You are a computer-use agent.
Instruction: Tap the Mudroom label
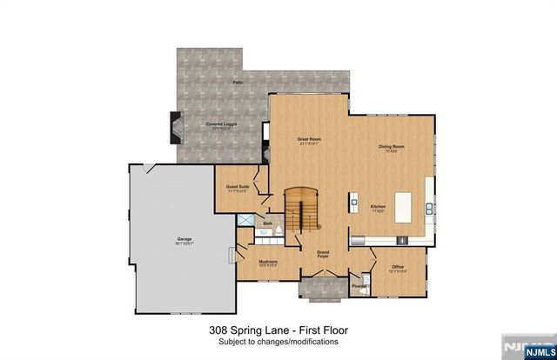[x=267, y=263]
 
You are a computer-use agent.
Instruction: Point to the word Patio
[x=237, y=82]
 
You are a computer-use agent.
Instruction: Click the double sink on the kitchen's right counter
[x=430, y=208]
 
